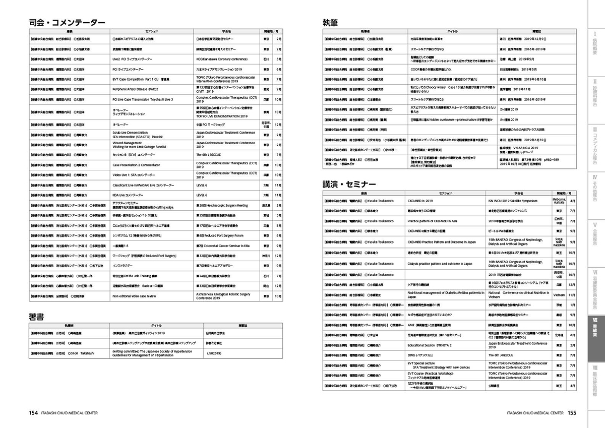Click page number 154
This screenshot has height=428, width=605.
click(x=33, y=413)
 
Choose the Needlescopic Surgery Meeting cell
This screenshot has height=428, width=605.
click(x=222, y=206)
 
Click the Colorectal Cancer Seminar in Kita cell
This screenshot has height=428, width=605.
click(x=222, y=246)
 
